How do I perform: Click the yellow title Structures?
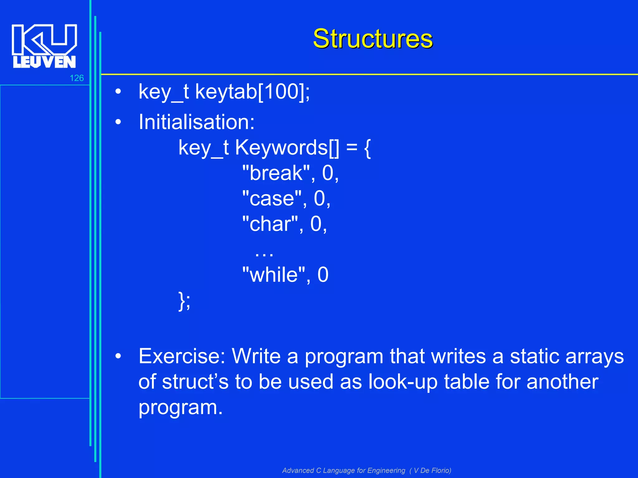click(373, 39)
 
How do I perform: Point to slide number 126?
click(77, 78)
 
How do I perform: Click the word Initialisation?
click(197, 122)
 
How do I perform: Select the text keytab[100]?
click(252, 92)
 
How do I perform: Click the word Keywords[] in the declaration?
click(287, 148)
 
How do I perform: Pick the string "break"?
click(276, 173)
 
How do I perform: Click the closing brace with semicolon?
click(184, 301)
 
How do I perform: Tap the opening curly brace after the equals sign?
click(367, 148)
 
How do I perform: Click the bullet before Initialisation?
click(118, 122)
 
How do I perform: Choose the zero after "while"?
click(323, 275)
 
